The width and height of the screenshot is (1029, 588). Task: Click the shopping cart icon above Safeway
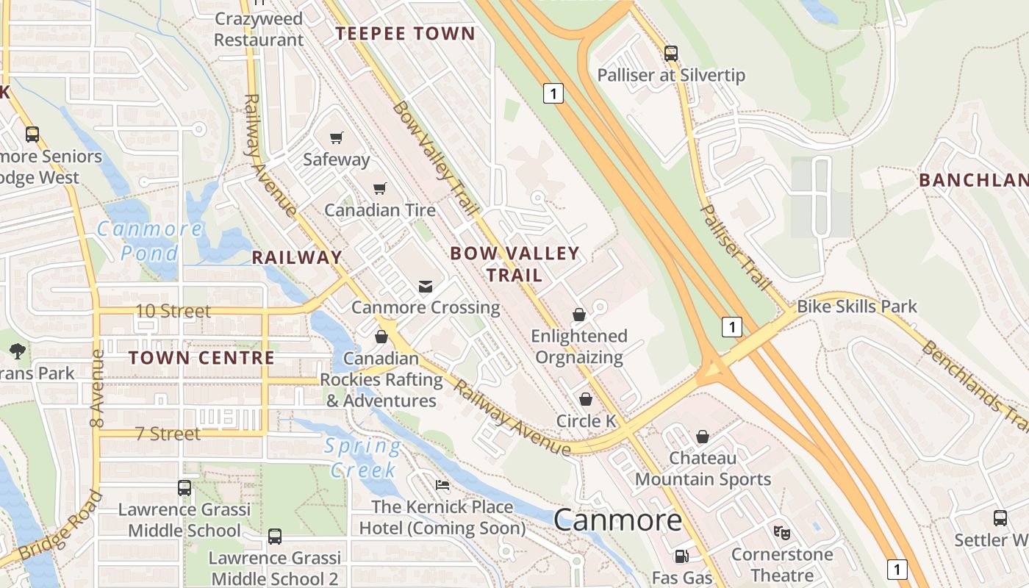coord(337,137)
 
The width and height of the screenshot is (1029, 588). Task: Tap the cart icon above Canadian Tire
coord(380,189)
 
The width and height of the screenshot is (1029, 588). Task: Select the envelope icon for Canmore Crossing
coord(426,286)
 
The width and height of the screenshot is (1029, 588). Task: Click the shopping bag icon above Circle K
coord(586,399)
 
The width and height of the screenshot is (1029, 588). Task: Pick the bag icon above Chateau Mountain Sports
coord(703,437)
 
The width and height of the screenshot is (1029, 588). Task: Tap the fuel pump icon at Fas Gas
coord(681,556)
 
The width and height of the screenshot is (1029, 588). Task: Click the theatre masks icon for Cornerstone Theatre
coord(781,531)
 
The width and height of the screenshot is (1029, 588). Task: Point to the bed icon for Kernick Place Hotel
coord(442,484)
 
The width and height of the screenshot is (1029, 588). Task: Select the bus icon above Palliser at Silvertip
coord(670,53)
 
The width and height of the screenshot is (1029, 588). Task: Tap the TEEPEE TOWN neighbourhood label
coord(406,34)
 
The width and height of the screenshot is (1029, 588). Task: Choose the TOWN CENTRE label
coord(201,359)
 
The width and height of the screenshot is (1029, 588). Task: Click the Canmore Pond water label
coord(149,240)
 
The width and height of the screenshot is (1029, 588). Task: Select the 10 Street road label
coord(173,311)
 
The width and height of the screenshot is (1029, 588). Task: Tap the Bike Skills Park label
coord(857,306)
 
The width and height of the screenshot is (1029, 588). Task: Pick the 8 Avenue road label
coord(96,388)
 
